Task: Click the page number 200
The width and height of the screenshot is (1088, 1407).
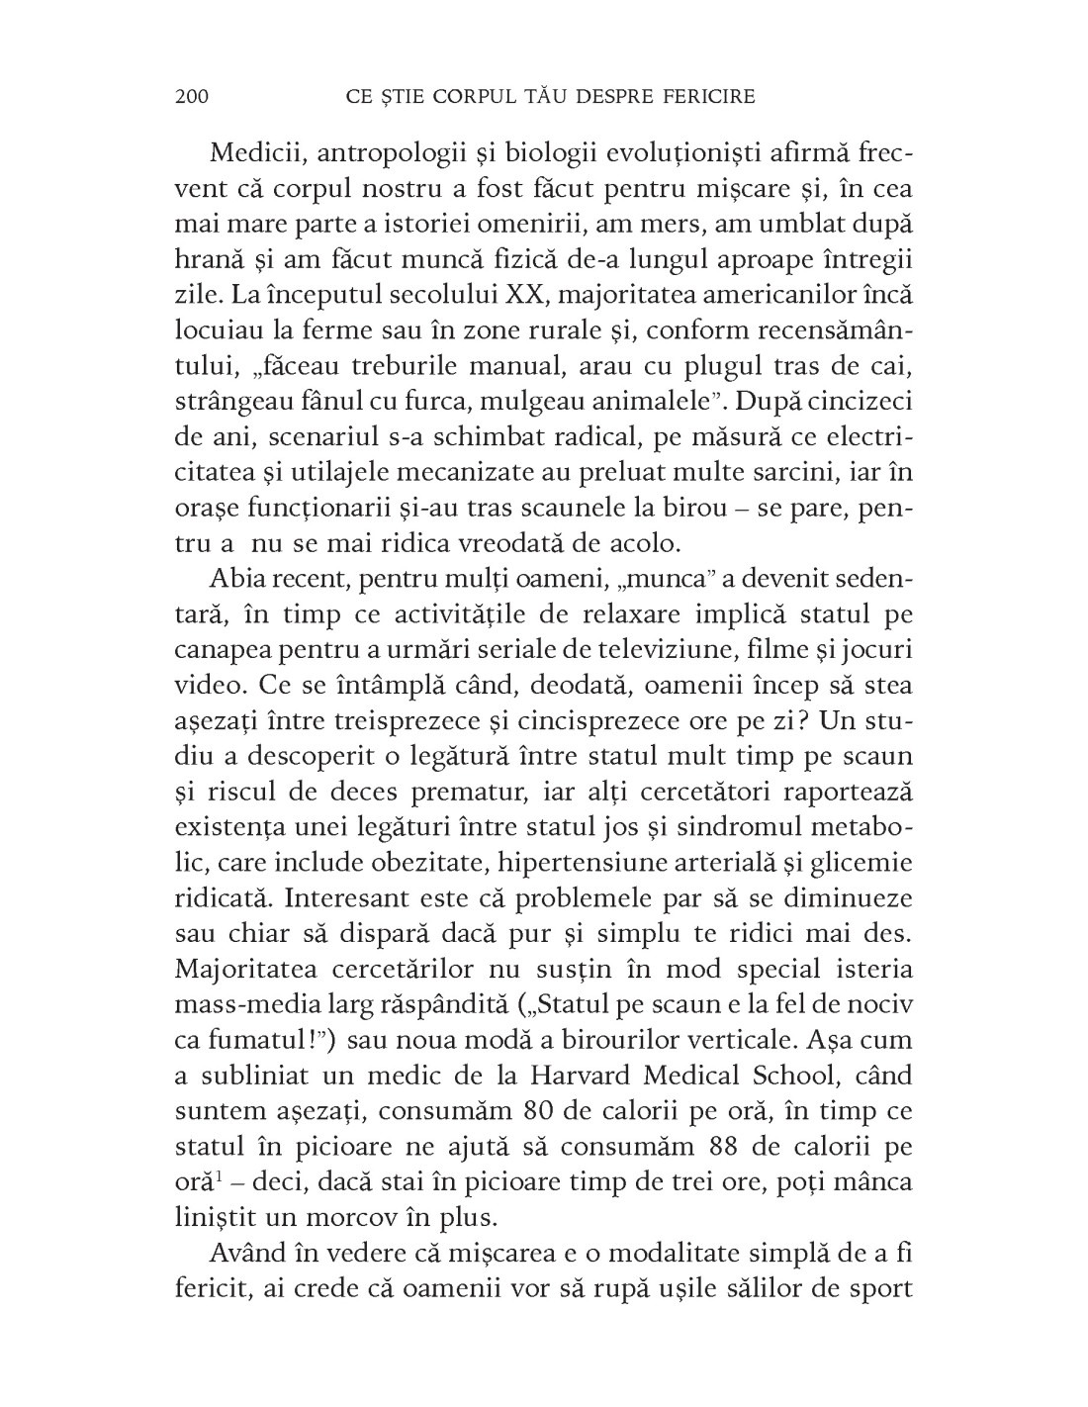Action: tap(190, 96)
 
